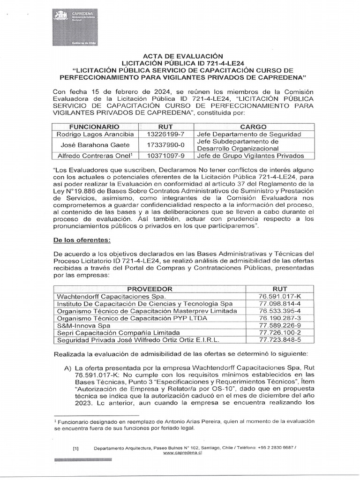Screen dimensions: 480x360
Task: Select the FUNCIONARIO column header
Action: click(x=94, y=127)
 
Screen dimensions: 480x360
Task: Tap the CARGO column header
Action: click(x=253, y=127)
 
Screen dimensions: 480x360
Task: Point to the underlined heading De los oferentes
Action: click(x=82, y=240)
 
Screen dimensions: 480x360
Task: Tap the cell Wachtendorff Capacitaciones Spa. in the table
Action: click(x=111, y=297)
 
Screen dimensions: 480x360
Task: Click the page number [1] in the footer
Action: click(x=75, y=449)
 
